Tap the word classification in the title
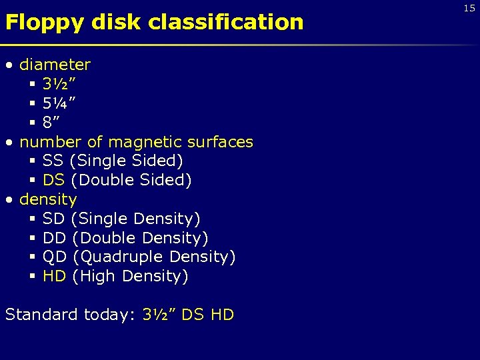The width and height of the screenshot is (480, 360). (x=225, y=23)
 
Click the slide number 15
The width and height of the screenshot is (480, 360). (x=469, y=7)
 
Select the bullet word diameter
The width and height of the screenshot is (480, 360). (x=55, y=65)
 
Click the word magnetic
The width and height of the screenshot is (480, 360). (x=145, y=142)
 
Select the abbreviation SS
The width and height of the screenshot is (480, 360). (x=53, y=161)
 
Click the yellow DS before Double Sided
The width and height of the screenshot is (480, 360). (x=53, y=180)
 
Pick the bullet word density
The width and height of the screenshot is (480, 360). (x=48, y=199)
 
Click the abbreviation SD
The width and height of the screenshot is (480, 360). (x=53, y=219)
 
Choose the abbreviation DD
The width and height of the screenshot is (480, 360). (x=54, y=238)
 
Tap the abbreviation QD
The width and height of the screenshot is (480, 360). (x=54, y=257)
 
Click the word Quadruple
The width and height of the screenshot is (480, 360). (x=121, y=257)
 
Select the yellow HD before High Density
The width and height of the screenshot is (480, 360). (x=54, y=276)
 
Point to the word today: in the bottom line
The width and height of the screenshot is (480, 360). (x=111, y=315)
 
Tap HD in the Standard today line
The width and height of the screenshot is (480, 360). (x=222, y=315)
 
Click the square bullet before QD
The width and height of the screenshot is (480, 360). (x=32, y=257)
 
